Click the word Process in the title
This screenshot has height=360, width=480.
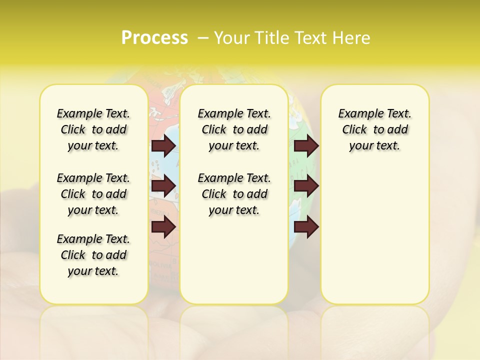click(x=154, y=37)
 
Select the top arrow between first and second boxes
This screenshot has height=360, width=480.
click(x=163, y=145)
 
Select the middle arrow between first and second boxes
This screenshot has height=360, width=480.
click(x=163, y=186)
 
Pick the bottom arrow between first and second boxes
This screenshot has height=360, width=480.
click(x=163, y=227)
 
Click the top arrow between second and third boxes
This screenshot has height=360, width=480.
click(x=306, y=145)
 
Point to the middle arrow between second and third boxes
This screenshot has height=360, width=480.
click(x=306, y=186)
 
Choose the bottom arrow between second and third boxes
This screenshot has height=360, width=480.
click(x=306, y=227)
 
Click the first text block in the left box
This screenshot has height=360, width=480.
click(x=93, y=129)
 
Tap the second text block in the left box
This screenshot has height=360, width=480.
click(x=93, y=194)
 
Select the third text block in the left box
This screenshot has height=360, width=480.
click(x=93, y=255)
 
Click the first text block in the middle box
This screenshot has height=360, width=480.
click(x=234, y=129)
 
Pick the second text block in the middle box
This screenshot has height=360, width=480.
click(x=234, y=194)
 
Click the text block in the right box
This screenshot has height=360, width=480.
click(x=374, y=129)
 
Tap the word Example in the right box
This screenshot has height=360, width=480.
click(x=356, y=114)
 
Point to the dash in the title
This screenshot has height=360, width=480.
click(x=203, y=38)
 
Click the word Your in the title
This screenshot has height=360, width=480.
click(x=231, y=38)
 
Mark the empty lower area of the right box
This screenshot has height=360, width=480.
click(x=374, y=235)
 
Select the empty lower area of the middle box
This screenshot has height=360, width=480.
click(x=234, y=260)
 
